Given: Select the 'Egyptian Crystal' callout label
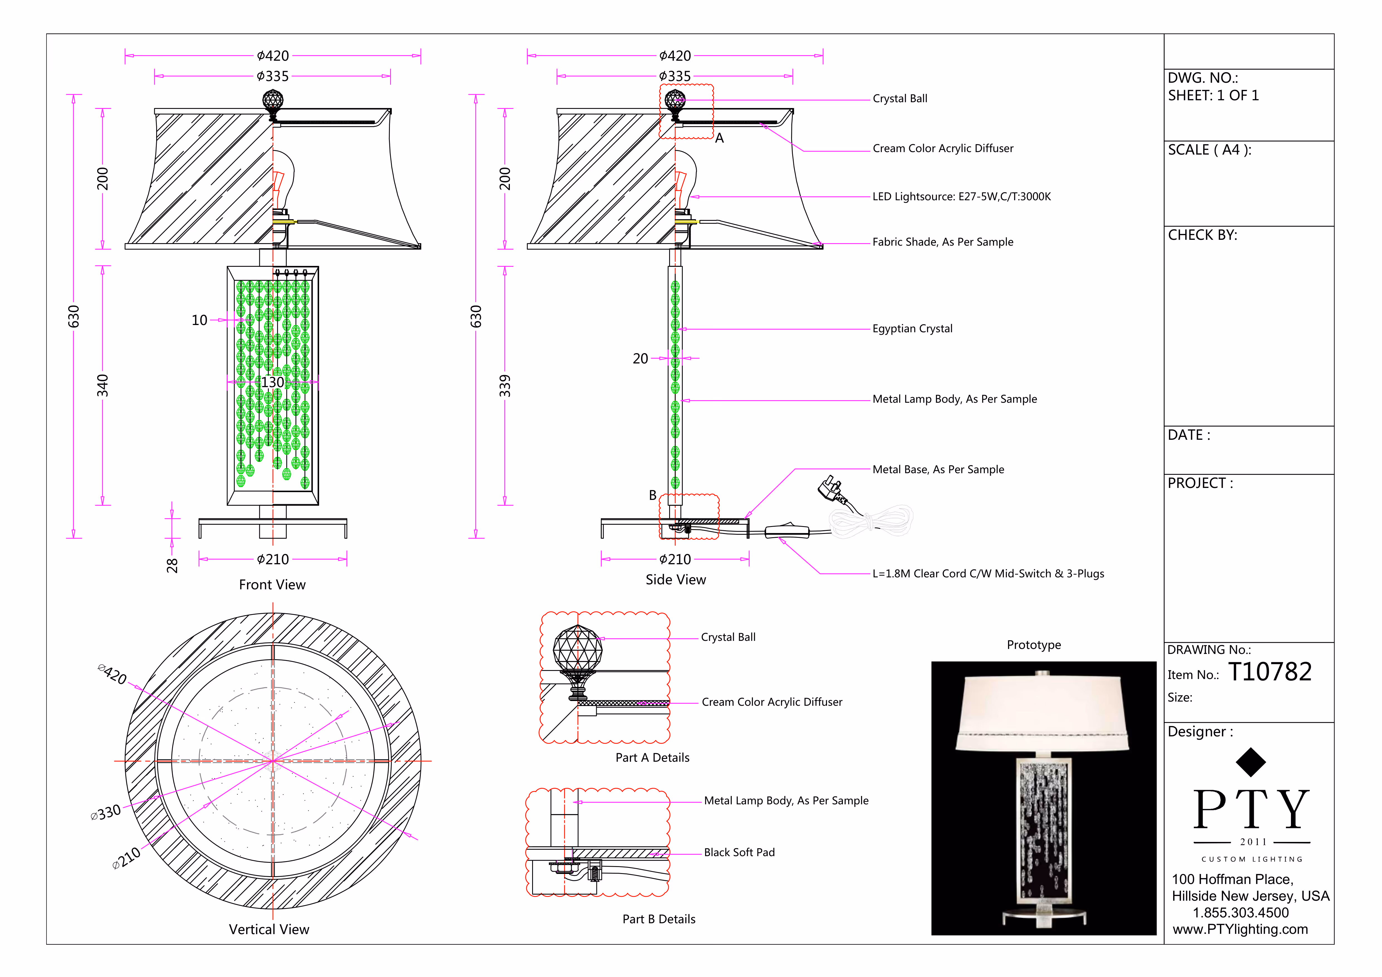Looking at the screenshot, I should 912,329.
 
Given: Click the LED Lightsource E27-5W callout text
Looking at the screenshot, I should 961,197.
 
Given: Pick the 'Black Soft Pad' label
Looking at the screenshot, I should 739,853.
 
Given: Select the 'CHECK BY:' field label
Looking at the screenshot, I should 1202,235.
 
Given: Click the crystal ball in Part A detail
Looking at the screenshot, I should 577,648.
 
